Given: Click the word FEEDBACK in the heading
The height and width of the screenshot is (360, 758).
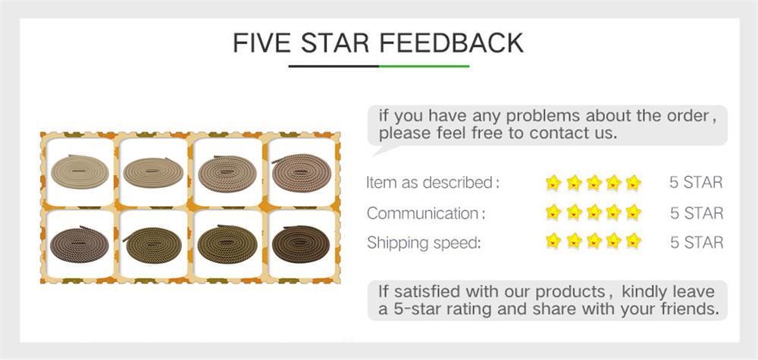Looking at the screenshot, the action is point(452,43).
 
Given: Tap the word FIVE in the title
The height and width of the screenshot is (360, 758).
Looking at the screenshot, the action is point(262,43).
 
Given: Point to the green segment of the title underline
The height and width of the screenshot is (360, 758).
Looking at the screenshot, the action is point(424,66).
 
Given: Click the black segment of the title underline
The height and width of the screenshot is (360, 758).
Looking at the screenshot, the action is point(334,66).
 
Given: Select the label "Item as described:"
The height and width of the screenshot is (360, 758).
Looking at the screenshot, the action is point(433,183).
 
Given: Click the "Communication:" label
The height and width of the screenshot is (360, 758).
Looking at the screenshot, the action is point(425,213).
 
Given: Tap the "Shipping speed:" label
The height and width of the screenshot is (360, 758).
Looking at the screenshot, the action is point(424,243).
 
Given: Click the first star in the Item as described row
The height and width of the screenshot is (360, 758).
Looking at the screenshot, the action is point(553,183).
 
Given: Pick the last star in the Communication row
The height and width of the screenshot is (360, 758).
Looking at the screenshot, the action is point(633,212).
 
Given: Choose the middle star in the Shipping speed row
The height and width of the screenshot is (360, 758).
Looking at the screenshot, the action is point(594,241).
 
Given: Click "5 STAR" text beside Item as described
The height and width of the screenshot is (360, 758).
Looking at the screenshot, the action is point(696,183).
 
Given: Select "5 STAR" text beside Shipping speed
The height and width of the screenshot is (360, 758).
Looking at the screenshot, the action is point(697,243).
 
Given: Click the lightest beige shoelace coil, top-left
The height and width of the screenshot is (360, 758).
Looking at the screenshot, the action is point(80,171).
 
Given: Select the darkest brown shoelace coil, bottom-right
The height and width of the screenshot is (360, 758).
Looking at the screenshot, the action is point(301,244).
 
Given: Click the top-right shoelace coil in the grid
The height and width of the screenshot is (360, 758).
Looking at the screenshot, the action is point(301,173).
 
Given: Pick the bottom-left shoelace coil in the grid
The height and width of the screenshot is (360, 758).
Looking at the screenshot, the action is point(80,244).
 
